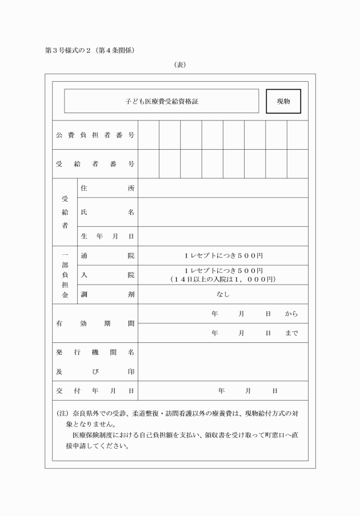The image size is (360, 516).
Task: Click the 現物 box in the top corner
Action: (283, 101)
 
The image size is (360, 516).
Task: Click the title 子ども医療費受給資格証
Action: (162, 101)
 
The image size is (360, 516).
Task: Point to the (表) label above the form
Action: (180, 65)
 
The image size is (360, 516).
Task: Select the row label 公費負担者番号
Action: (95, 135)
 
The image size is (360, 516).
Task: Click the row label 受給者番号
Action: (95, 164)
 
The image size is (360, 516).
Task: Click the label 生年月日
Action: (107, 236)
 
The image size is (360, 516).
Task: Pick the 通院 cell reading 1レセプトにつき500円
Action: (223, 255)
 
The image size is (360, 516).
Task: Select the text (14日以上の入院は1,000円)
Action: (223, 279)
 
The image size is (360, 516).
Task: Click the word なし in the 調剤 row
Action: (223, 294)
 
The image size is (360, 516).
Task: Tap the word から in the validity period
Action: (291, 314)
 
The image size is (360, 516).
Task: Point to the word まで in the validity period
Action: (291, 333)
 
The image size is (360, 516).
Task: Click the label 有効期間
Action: (95, 323)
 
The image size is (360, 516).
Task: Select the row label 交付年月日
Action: (95, 391)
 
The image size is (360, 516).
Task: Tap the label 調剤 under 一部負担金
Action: (107, 294)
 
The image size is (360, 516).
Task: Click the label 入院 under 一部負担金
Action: (107, 275)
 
